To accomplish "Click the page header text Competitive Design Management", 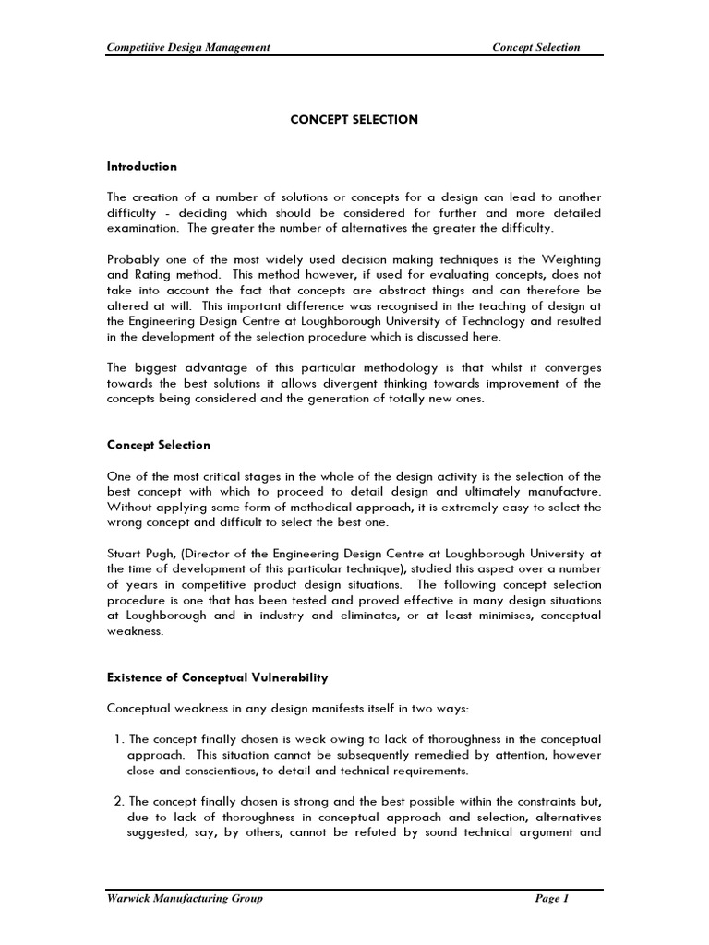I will pos(189,47).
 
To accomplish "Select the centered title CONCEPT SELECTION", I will pos(354,120).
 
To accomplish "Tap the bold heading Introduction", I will pos(142,167).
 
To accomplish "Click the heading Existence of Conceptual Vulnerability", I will pos(217,678).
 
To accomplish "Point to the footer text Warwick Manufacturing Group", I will pos(186,899).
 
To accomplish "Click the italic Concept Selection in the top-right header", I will pos(537,47).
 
